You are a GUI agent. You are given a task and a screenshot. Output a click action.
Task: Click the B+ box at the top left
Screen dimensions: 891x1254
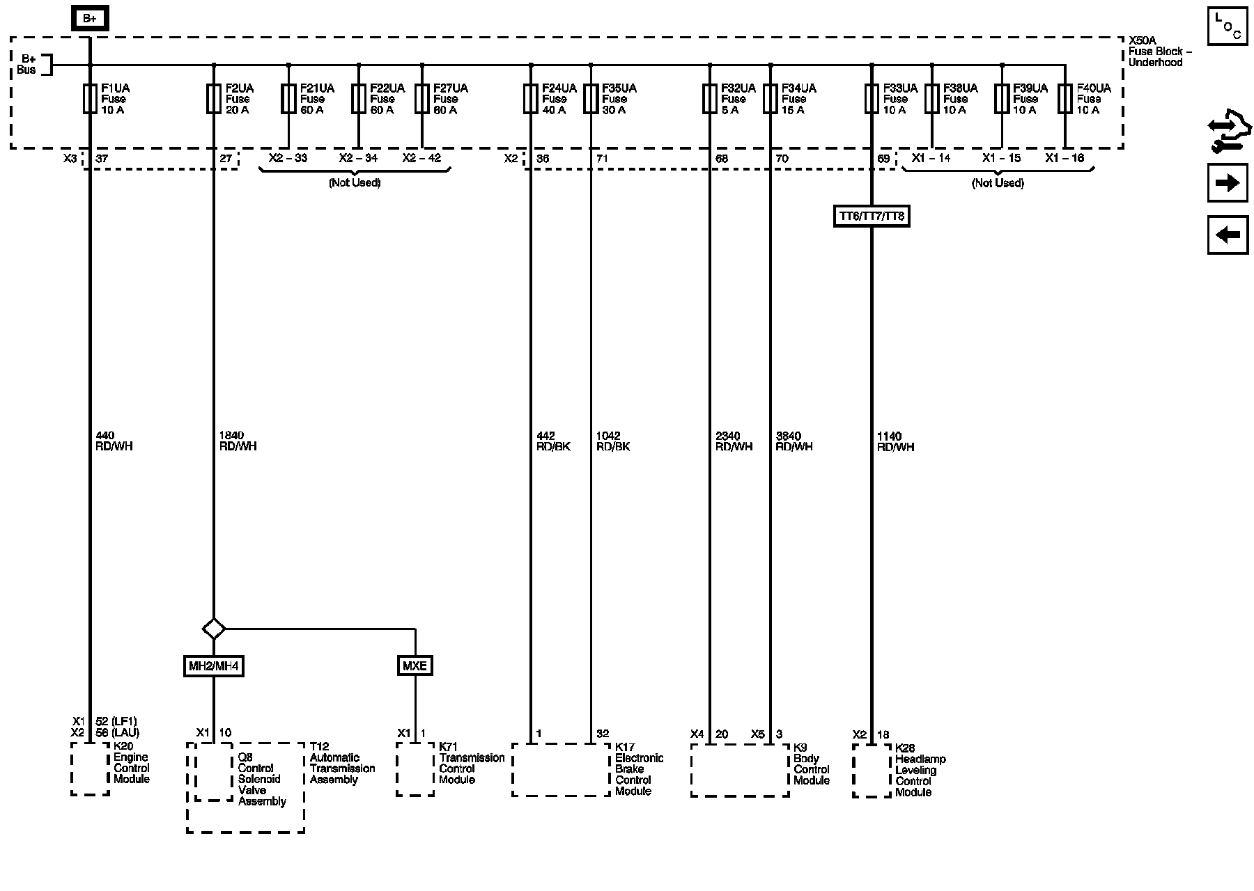click(x=90, y=19)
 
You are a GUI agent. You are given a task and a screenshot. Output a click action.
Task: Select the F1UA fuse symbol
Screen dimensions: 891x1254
click(x=90, y=99)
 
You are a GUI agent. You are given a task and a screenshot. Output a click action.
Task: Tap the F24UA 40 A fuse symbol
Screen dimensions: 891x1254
click(x=531, y=99)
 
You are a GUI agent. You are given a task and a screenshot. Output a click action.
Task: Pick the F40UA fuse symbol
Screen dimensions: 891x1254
click(x=1065, y=99)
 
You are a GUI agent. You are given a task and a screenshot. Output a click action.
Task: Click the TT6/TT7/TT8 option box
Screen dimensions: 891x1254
click(x=872, y=216)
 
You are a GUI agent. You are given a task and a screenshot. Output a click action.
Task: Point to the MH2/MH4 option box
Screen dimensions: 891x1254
click(x=214, y=666)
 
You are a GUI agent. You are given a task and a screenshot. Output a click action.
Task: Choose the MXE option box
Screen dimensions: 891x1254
click(x=415, y=666)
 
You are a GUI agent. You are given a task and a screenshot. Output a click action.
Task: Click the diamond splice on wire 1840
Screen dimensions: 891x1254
click(x=214, y=629)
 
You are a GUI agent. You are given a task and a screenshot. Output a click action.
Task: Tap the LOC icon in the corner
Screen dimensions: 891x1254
click(x=1228, y=27)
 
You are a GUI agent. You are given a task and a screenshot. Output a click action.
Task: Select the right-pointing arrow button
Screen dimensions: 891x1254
click(x=1228, y=183)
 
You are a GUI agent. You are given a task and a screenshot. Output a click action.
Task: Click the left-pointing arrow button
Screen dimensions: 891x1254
click(x=1228, y=235)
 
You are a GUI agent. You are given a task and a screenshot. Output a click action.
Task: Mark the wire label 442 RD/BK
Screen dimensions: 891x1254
click(x=553, y=441)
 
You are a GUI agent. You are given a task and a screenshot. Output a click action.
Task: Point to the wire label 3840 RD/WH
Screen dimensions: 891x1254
click(x=794, y=441)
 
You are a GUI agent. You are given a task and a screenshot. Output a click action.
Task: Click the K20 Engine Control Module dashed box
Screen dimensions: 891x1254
click(x=90, y=768)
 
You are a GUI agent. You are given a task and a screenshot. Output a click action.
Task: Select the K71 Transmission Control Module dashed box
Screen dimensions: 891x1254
click(x=415, y=769)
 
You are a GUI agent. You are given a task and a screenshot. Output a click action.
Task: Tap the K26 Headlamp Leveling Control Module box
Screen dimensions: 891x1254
click(x=872, y=771)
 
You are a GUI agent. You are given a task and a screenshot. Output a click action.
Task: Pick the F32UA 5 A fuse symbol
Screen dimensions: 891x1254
click(x=710, y=99)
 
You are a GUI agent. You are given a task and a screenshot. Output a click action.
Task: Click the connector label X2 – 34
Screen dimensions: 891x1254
click(x=358, y=158)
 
